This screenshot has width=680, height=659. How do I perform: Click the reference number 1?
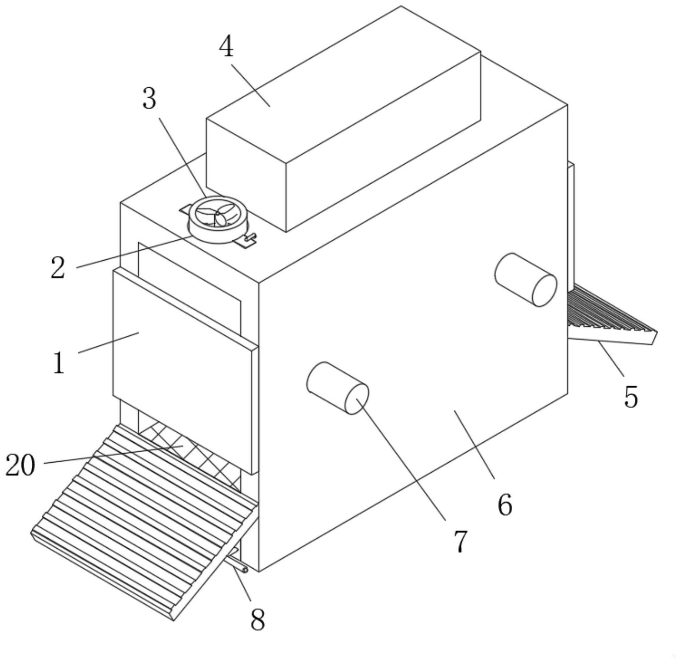click(x=58, y=362)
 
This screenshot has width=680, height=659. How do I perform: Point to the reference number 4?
click(x=226, y=47)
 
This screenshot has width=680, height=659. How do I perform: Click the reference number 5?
click(x=631, y=396)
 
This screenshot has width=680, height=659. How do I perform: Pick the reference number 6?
click(x=505, y=505)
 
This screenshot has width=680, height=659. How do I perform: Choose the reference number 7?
click(x=461, y=541)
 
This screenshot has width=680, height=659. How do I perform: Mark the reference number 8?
click(x=258, y=619)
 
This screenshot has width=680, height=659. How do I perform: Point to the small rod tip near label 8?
click(x=245, y=570)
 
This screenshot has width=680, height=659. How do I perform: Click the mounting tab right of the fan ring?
click(x=246, y=240)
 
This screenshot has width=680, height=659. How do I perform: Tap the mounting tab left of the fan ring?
click(x=185, y=209)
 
